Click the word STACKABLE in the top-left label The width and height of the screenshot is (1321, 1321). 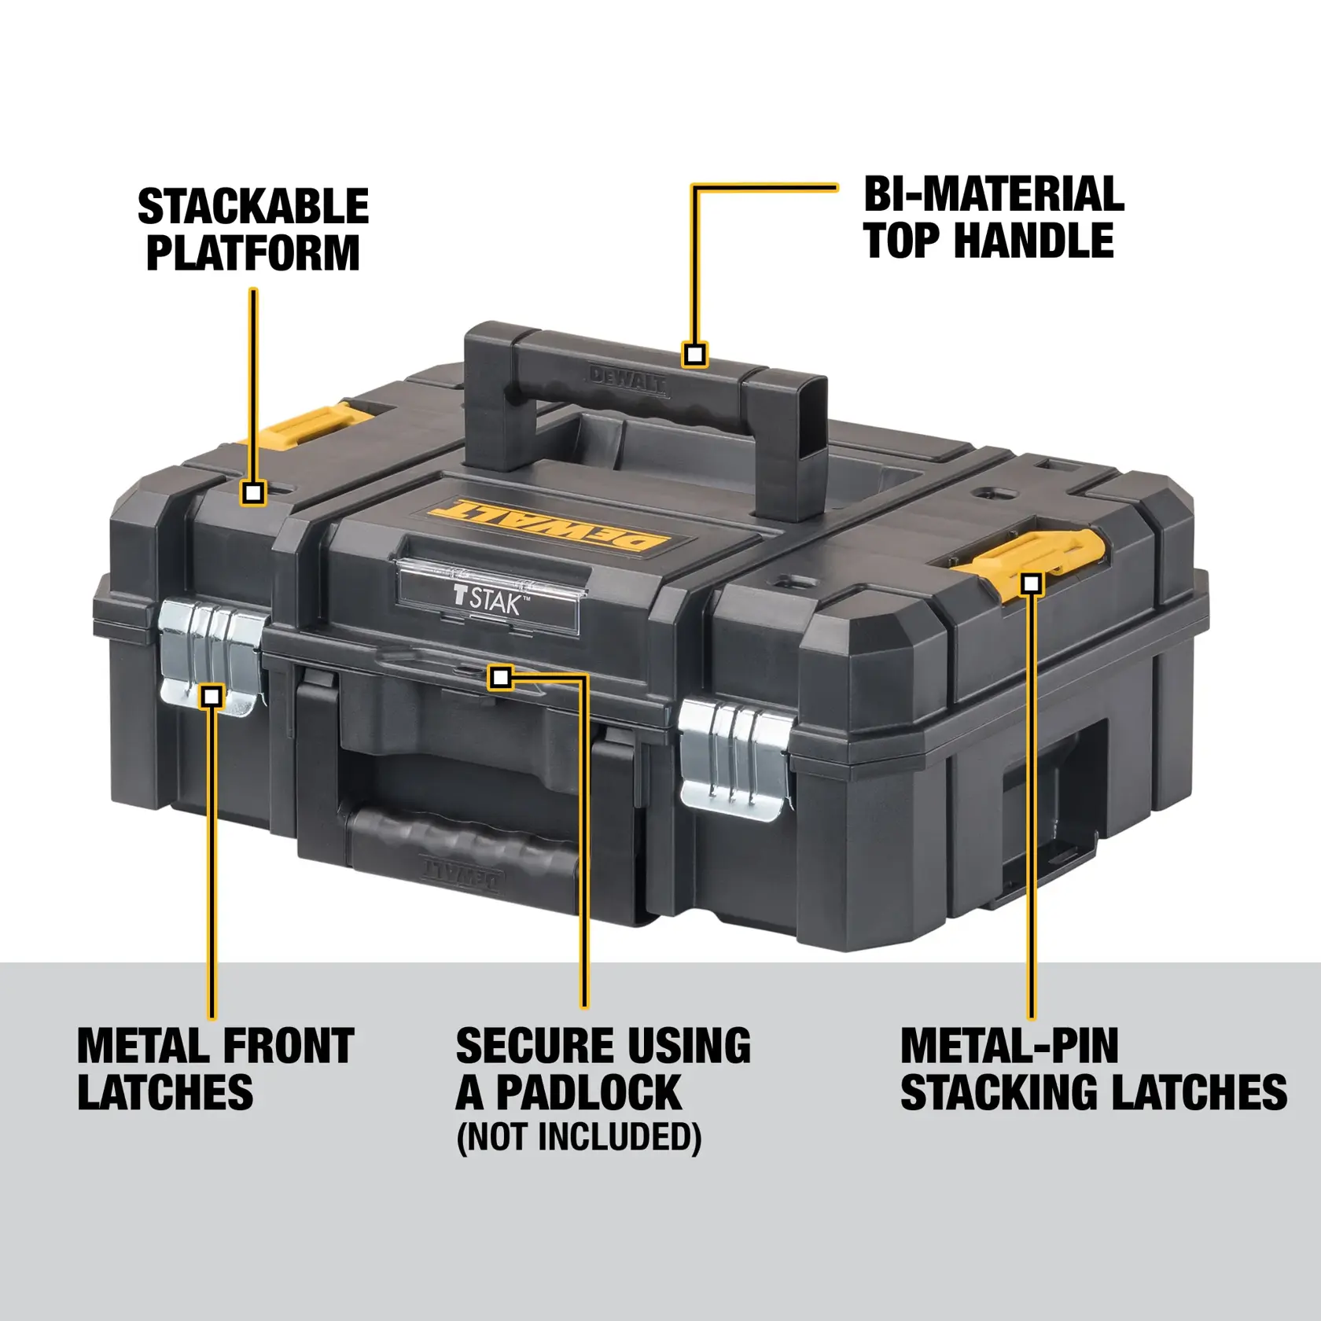point(253,207)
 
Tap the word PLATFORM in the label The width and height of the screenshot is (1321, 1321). point(253,253)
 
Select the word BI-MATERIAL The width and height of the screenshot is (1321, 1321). point(994,194)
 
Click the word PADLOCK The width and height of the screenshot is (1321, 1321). point(588,1092)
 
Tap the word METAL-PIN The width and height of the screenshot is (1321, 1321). point(1009,1047)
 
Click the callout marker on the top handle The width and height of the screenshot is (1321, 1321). point(694,355)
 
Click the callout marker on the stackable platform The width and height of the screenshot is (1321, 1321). point(252,493)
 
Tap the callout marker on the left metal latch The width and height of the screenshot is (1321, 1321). point(212,696)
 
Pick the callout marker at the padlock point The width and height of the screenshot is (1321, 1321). point(501,677)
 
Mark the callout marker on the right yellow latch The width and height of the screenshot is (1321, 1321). point(1032,583)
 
